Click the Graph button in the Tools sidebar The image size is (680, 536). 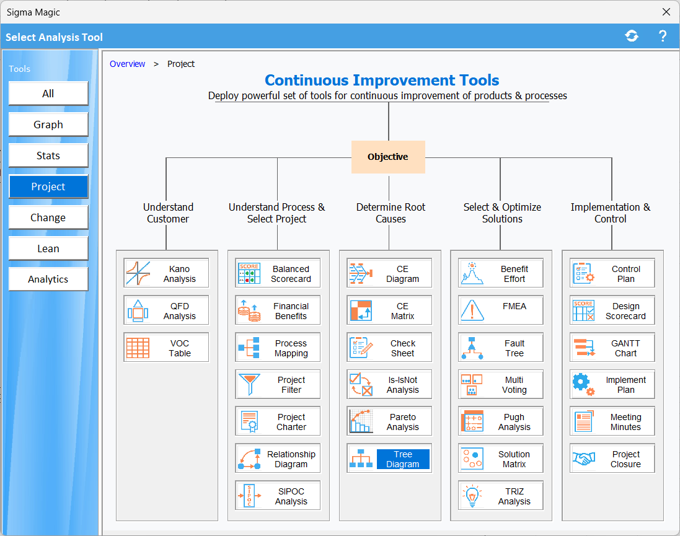[48, 125]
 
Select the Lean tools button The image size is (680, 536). [48, 248]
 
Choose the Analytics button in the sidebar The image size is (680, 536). [48, 279]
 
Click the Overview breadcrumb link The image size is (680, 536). [127, 64]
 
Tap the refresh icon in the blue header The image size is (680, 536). [632, 36]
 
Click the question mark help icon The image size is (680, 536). [662, 36]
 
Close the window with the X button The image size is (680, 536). [666, 12]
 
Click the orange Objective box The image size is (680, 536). [388, 157]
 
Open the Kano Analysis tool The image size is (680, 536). [166, 273]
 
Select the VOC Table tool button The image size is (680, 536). [166, 348]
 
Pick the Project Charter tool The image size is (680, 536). [278, 421]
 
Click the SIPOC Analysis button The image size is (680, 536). [278, 496]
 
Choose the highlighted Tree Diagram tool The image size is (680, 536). [389, 459]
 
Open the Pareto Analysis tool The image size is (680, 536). [389, 421]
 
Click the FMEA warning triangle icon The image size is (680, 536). [472, 310]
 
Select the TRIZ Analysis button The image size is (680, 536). [501, 496]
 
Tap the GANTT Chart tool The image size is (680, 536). [612, 348]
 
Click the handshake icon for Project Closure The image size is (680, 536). [584, 459]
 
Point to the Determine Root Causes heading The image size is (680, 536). [391, 213]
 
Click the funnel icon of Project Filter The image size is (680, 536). [249, 384]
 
